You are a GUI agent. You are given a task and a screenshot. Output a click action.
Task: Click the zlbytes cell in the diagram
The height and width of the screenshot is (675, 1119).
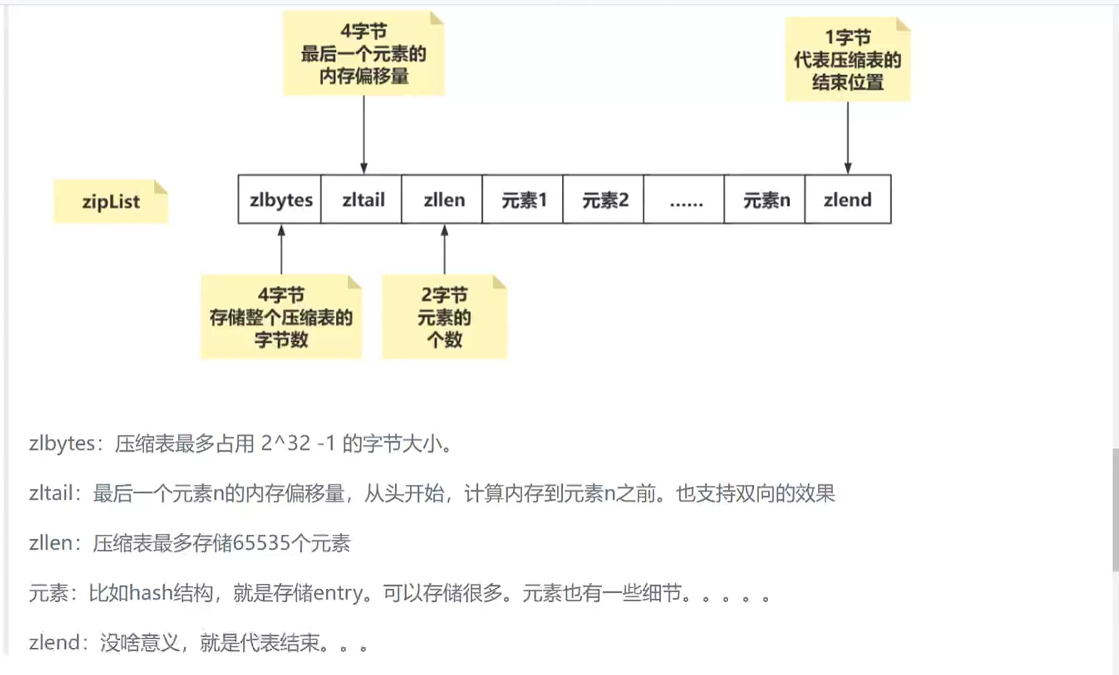coord(280,200)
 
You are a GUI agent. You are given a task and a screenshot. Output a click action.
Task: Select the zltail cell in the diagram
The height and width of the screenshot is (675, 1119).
coord(362,200)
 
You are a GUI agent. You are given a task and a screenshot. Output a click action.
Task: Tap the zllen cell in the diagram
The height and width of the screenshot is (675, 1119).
coord(443,200)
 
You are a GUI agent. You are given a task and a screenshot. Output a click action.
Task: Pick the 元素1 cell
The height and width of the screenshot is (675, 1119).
coord(524,200)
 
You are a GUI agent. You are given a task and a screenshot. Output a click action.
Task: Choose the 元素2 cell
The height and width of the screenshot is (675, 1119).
coord(604,200)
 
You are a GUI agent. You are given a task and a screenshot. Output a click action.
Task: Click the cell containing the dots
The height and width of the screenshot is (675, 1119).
coord(685,200)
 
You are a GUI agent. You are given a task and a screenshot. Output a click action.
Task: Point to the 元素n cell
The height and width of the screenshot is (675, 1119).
coord(766,200)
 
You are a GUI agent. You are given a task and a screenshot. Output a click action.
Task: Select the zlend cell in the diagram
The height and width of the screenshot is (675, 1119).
coord(848,200)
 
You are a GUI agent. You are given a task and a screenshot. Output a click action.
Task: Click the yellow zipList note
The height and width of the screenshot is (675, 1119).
coord(111,201)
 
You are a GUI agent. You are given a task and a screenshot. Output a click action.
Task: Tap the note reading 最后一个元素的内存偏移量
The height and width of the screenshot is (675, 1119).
coord(364,54)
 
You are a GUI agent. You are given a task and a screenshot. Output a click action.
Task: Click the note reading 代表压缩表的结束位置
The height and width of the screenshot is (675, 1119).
coord(847,60)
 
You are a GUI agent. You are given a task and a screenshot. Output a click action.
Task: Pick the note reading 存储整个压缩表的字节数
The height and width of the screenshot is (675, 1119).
coord(281,318)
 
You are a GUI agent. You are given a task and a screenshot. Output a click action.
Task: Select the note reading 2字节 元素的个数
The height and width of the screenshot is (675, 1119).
coord(444,318)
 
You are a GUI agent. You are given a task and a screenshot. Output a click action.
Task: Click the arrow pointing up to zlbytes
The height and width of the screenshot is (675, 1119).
coord(281,250)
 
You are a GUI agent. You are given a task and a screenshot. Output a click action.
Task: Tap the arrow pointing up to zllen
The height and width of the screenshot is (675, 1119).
coord(444,250)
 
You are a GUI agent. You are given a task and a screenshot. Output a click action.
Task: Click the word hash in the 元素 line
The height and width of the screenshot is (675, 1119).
coord(151,594)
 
